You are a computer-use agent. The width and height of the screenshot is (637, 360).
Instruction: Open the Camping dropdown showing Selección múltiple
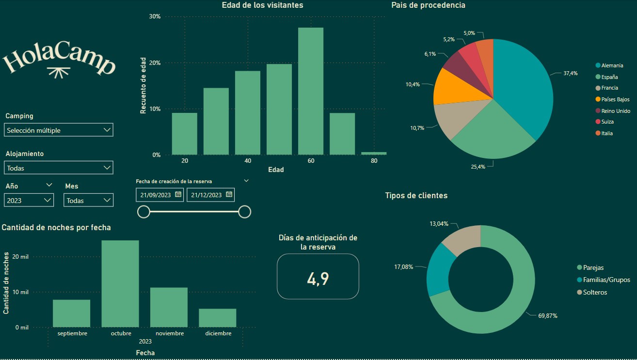pyautogui.click(x=58, y=130)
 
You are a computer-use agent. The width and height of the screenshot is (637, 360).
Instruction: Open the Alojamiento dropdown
pyautogui.click(x=58, y=168)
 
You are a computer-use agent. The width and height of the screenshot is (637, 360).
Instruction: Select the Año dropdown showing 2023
pyautogui.click(x=29, y=200)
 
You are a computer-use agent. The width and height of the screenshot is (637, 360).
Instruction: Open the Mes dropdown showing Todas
pyautogui.click(x=88, y=200)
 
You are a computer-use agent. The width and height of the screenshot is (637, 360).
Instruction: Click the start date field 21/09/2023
pyautogui.click(x=156, y=195)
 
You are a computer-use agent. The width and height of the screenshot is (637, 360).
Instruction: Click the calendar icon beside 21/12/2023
pyautogui.click(x=229, y=194)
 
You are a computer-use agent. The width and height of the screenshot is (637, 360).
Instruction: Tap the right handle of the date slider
pyautogui.click(x=245, y=212)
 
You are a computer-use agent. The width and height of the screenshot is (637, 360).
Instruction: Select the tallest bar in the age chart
pyautogui.click(x=311, y=91)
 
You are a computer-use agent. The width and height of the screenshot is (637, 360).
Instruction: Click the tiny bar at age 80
pyautogui.click(x=374, y=153)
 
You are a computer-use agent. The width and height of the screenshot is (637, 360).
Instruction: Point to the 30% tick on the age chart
pyautogui.click(x=155, y=16)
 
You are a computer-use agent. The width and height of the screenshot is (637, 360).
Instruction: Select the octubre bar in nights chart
pyautogui.click(x=120, y=283)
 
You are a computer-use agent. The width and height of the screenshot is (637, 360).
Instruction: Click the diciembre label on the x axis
pyautogui.click(x=218, y=333)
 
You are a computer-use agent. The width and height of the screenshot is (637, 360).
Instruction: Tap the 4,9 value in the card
pyautogui.click(x=318, y=279)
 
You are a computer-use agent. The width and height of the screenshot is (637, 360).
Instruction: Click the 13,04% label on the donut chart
pyautogui.click(x=439, y=224)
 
